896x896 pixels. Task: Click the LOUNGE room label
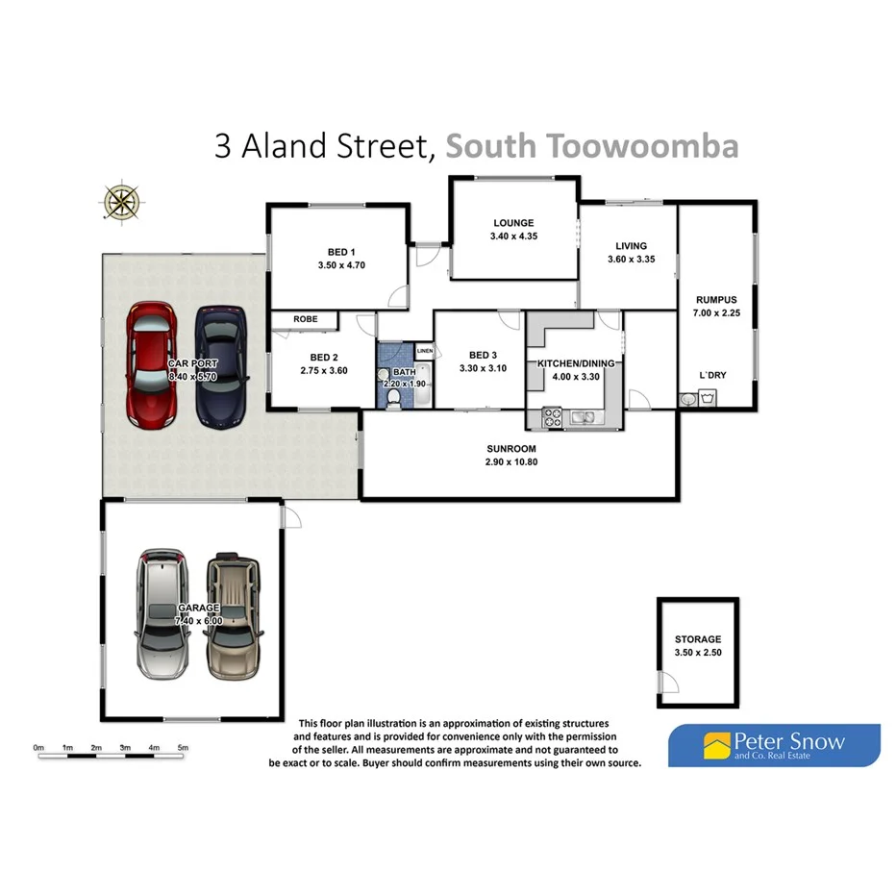point(511,223)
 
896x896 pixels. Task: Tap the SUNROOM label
point(511,448)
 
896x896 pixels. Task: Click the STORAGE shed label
point(697,638)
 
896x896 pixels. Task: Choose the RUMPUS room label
point(714,299)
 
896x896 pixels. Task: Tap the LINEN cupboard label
point(424,351)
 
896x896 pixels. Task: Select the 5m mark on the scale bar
point(183,747)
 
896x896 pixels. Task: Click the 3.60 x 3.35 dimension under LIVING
point(631,259)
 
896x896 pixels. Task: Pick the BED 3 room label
point(482,354)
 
